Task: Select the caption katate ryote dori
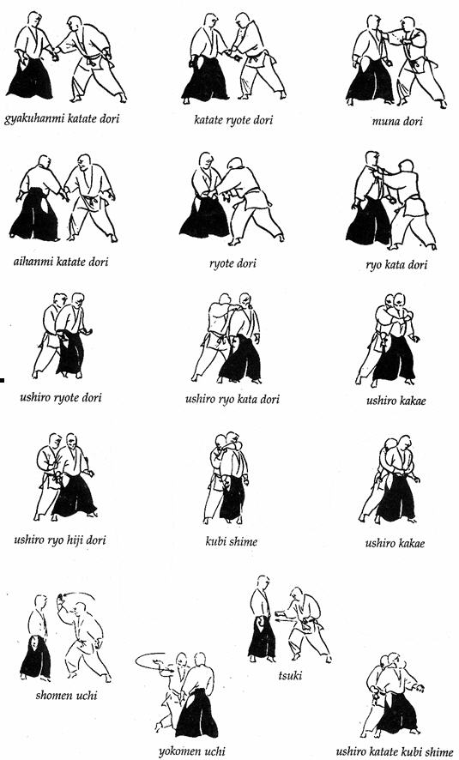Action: tap(233, 119)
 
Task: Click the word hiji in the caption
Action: tap(75, 540)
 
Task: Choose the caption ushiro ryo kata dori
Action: tap(233, 400)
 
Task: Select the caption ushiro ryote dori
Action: tap(61, 398)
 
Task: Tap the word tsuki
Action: tap(290, 675)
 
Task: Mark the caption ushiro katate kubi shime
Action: tap(395, 751)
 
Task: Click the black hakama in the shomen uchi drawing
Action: tap(36, 657)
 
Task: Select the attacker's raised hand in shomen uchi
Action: tap(61, 599)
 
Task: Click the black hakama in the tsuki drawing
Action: tap(263, 635)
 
